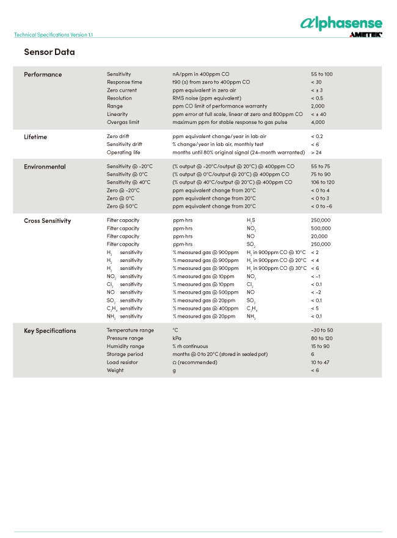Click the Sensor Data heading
(x=49, y=53)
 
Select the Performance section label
(x=43, y=75)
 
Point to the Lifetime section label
(x=35, y=136)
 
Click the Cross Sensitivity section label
(x=48, y=220)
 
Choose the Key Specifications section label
(x=50, y=330)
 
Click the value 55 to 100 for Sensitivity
(x=322, y=75)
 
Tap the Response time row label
(x=125, y=82)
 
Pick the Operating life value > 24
(x=316, y=152)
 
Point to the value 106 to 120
(x=322, y=182)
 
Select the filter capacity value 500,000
(x=321, y=228)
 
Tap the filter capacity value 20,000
(x=320, y=236)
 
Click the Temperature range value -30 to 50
(x=322, y=330)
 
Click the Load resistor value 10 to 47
(x=320, y=362)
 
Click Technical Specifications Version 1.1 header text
(x=54, y=35)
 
